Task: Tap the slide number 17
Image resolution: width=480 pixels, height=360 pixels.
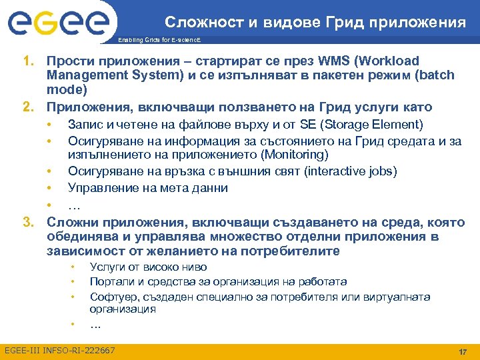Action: pyautogui.click(x=461, y=351)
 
